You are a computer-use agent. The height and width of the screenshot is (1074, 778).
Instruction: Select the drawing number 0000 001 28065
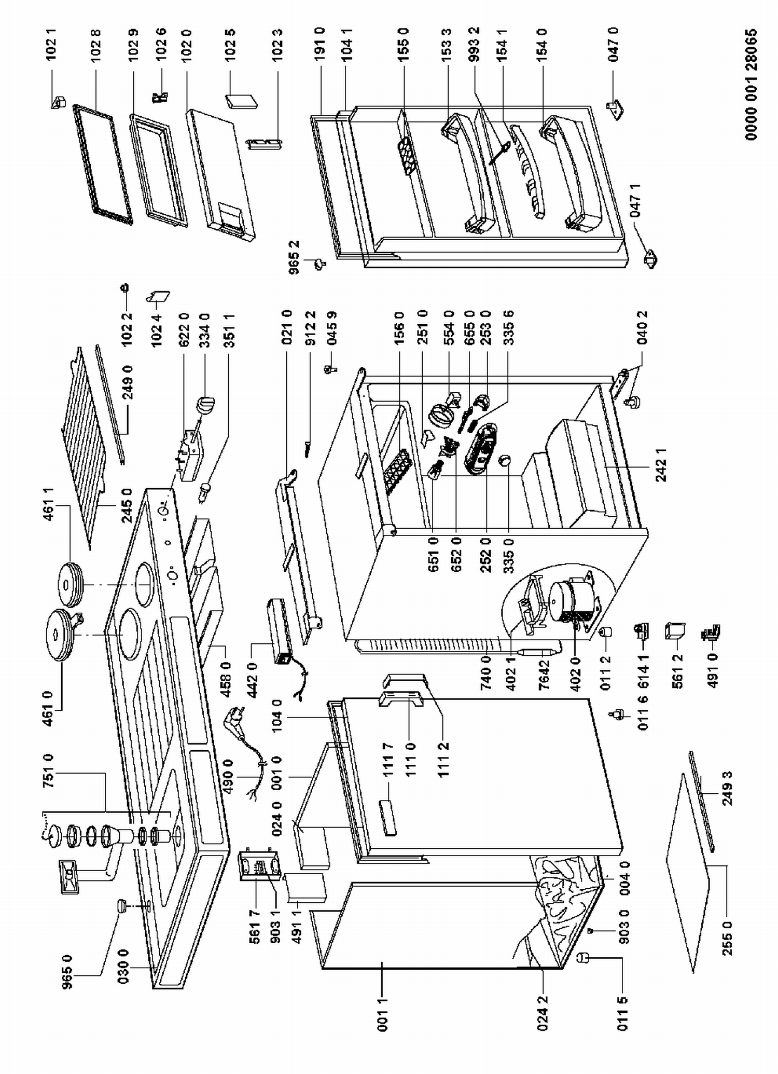pyautogui.click(x=751, y=84)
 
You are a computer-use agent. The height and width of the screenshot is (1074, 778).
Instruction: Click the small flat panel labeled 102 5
pyautogui.click(x=242, y=101)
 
